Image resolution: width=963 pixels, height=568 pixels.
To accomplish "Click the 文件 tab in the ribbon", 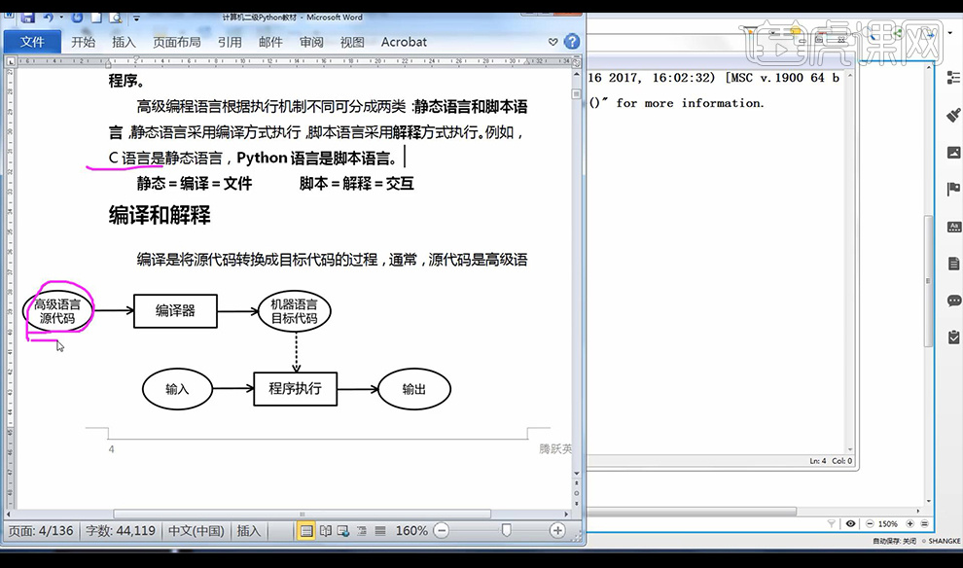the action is coord(32,42).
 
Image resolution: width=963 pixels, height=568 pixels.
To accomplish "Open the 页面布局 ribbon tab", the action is coord(176,42).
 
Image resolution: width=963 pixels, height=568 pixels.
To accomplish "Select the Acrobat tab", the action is coord(404,42).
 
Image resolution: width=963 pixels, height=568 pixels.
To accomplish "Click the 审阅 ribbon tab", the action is coord(311,42).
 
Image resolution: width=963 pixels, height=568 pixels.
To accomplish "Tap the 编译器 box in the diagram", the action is coord(175,311).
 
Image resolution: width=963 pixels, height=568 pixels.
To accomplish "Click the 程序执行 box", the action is coord(295,389).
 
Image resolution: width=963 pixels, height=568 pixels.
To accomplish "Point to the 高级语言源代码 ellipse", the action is coord(56,311).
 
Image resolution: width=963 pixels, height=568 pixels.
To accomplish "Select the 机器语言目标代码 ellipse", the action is coord(294,311).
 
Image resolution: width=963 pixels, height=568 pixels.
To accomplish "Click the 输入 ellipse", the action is coord(177,389).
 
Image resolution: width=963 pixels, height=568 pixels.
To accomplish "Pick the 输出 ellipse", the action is coord(414,389).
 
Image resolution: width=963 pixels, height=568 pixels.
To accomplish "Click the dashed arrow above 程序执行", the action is coord(295,351).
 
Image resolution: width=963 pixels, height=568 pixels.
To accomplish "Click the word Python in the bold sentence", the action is coord(262,158).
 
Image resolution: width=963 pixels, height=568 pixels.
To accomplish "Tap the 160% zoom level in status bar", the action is coord(411,531).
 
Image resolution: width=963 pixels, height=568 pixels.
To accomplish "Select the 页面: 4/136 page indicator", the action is coord(42,531).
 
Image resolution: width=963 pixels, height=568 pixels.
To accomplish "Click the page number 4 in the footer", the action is coord(112,449).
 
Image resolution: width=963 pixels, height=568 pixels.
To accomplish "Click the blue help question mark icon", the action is coord(572,42).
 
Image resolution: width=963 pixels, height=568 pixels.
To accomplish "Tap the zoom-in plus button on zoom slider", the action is coord(557,531).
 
